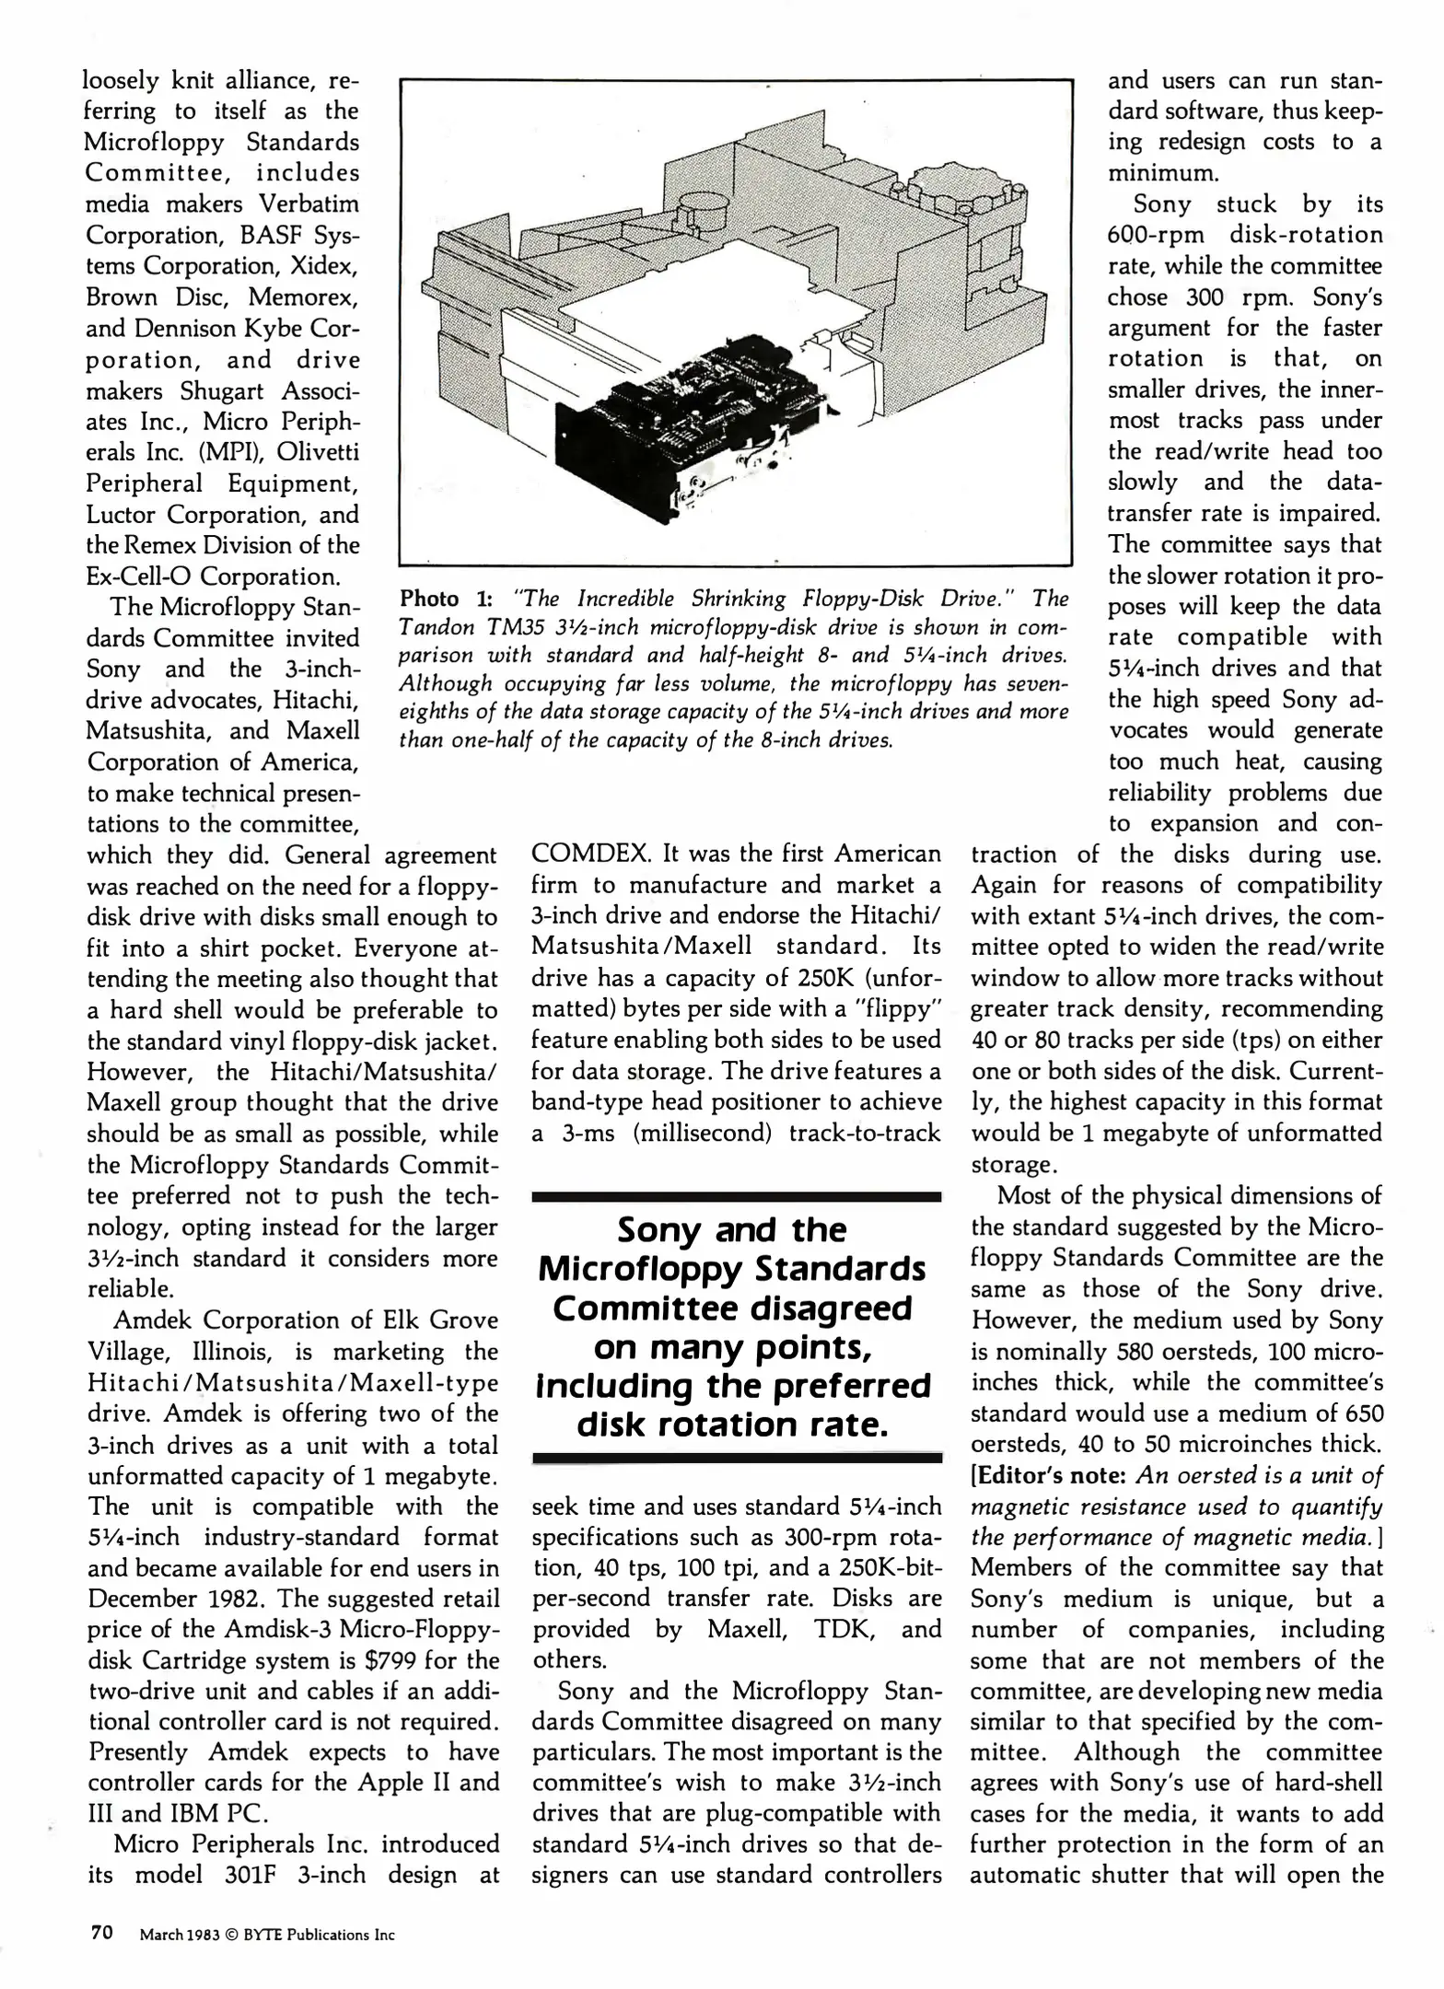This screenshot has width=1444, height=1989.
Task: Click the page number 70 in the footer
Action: point(100,1932)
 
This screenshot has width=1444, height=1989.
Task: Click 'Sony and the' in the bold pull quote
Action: point(731,1230)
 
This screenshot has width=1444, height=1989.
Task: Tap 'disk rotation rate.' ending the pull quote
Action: point(733,1425)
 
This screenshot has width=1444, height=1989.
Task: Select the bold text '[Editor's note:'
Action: point(1049,1475)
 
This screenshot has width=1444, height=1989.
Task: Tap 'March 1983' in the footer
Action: point(179,1936)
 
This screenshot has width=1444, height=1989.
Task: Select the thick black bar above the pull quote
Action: point(737,1197)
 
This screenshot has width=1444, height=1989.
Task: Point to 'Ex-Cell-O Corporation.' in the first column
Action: point(212,576)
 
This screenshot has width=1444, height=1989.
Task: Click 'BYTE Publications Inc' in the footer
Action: point(319,1936)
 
